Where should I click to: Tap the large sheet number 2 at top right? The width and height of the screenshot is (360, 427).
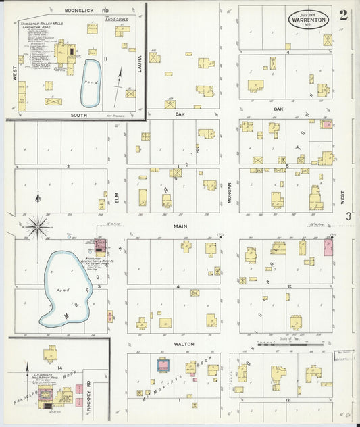(343, 16)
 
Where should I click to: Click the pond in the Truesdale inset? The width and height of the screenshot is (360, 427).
(91, 82)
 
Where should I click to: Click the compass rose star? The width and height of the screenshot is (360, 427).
(38, 226)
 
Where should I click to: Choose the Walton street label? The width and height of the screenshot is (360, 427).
(184, 344)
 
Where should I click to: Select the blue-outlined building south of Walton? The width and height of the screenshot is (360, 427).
(163, 366)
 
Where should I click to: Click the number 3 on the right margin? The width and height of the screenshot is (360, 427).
(349, 217)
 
